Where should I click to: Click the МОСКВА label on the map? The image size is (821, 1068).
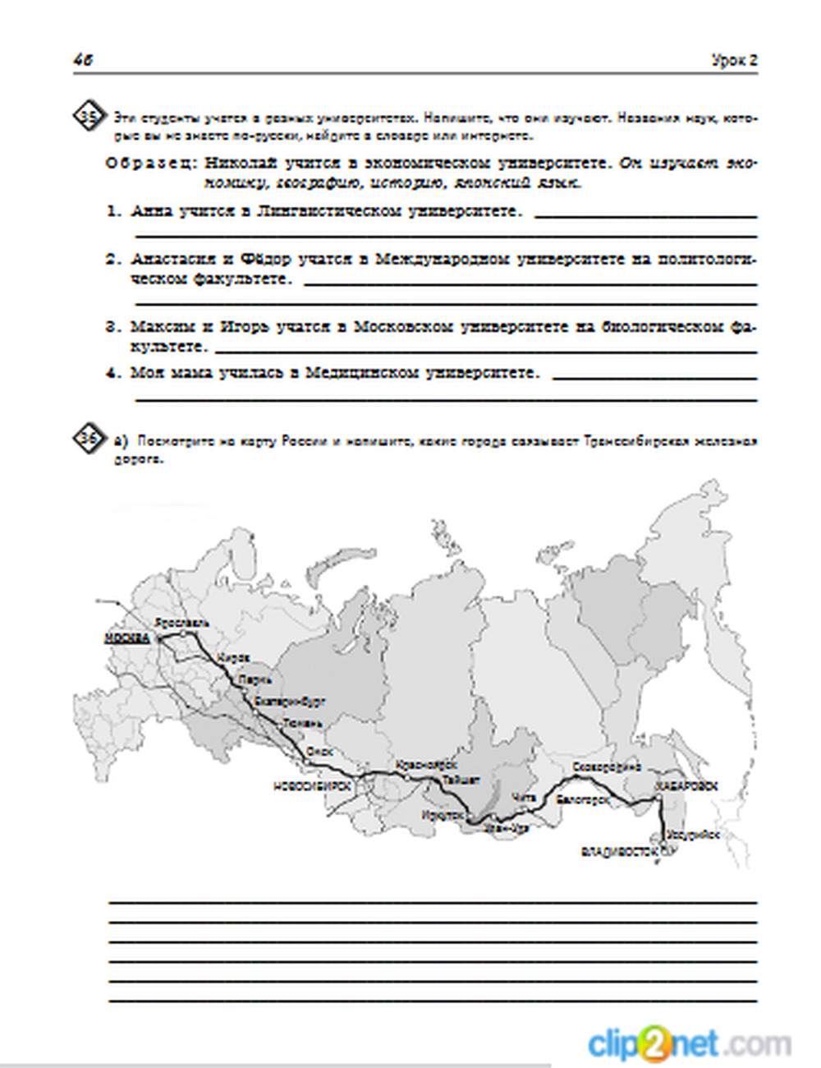pos(127,638)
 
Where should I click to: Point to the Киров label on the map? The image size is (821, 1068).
pos(232,658)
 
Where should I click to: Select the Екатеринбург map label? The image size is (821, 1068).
pos(290,702)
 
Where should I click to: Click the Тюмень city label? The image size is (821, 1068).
pos(302,724)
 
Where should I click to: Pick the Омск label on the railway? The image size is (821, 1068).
pos(319,751)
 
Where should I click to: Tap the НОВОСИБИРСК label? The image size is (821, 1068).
pos(312,786)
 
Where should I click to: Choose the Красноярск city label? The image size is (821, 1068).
pos(425,765)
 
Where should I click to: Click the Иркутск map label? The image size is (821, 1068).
pos(444,815)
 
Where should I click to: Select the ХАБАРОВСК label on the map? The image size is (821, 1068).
pos(686,786)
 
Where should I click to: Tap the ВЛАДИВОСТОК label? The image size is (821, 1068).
pos(620,852)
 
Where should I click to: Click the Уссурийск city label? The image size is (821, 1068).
pos(694,835)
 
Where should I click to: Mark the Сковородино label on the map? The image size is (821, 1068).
pos(606,766)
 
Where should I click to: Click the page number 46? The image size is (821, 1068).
pos(82,60)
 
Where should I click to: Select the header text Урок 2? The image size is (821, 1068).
pos(734,60)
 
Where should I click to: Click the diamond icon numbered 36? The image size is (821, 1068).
pos(88,440)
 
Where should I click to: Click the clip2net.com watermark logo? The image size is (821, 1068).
pos(690,1043)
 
